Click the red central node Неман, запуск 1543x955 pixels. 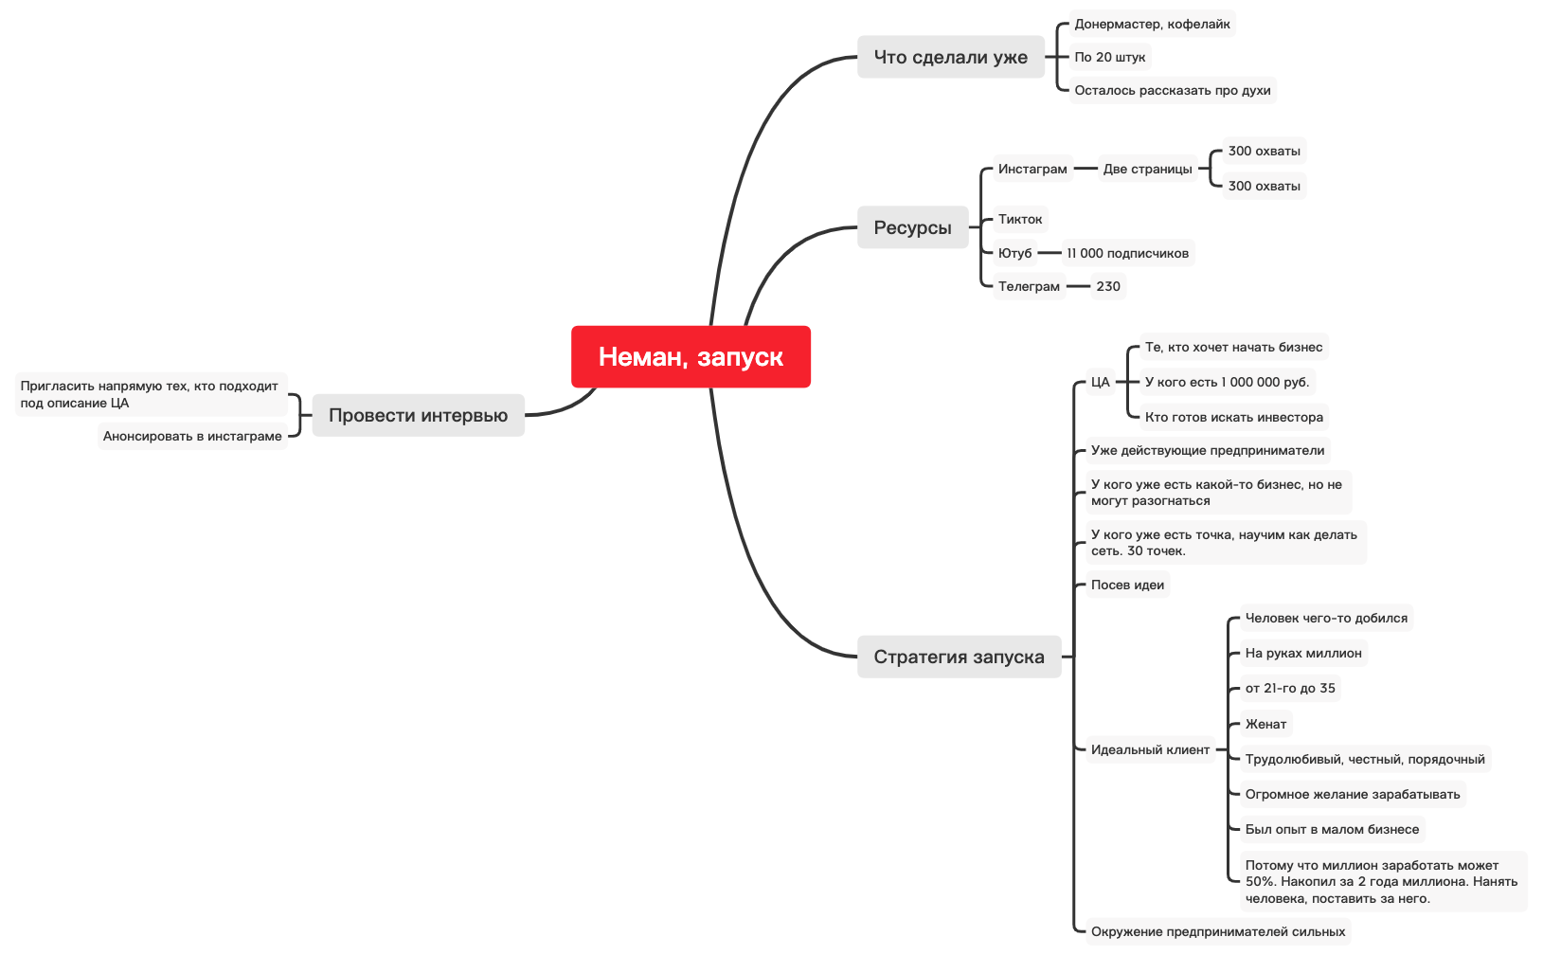691,356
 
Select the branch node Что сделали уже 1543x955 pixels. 950,57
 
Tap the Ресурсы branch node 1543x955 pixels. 912,227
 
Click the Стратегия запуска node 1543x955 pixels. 959,657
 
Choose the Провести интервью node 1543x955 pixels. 418,415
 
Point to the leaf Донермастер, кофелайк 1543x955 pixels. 1152,24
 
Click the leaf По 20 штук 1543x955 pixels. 1110,57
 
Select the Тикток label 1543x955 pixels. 1020,219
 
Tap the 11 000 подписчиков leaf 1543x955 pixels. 1127,253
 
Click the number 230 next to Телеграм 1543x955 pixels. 1108,286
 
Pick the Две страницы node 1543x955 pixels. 1147,169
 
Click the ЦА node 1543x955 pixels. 1100,382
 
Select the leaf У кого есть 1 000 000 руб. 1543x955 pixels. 1227,382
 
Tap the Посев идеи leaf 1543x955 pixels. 1127,585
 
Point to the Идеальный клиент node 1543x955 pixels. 1150,749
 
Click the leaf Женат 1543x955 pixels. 1265,724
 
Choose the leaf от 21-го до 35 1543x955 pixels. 1290,688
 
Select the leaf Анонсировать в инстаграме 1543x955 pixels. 192,436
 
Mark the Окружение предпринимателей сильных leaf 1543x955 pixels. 1217,931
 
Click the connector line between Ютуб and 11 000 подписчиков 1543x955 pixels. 1050,253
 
